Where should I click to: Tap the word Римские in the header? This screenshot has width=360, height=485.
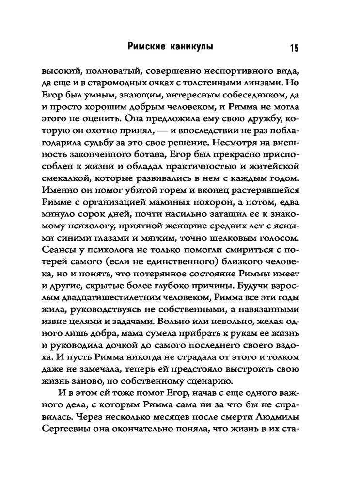click(x=146, y=47)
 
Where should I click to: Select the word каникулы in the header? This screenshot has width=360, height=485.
click(x=191, y=47)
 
